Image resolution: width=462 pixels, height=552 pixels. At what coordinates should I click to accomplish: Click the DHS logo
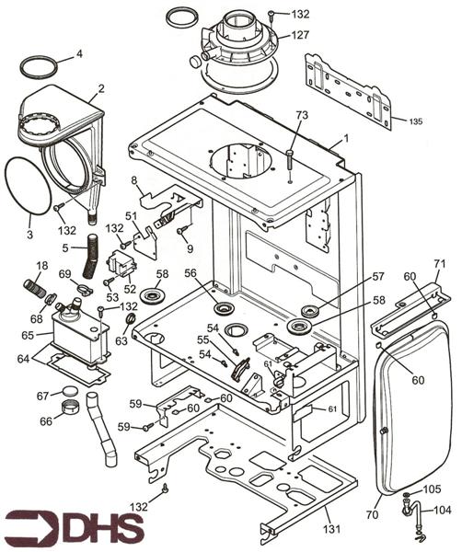click(75, 528)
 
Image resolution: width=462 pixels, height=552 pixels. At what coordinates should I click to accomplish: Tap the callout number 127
click(300, 35)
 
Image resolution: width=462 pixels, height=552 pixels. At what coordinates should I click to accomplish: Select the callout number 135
click(415, 121)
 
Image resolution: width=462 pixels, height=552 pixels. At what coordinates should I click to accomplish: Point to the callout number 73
click(302, 115)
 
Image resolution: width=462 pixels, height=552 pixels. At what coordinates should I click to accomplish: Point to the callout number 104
click(442, 510)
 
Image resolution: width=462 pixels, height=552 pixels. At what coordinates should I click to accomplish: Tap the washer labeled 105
click(407, 495)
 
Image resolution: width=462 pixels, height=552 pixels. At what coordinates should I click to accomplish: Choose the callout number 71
click(440, 263)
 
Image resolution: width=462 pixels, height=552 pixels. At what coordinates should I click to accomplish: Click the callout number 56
click(191, 273)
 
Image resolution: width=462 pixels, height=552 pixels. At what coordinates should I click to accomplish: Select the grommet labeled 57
click(311, 311)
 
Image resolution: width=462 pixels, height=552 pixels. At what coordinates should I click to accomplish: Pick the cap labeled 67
click(69, 391)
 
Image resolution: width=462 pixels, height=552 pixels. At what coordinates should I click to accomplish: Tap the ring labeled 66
click(71, 408)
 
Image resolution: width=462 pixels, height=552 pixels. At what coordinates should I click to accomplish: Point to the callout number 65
click(28, 335)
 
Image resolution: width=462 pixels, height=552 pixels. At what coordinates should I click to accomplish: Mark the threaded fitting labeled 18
click(34, 288)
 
